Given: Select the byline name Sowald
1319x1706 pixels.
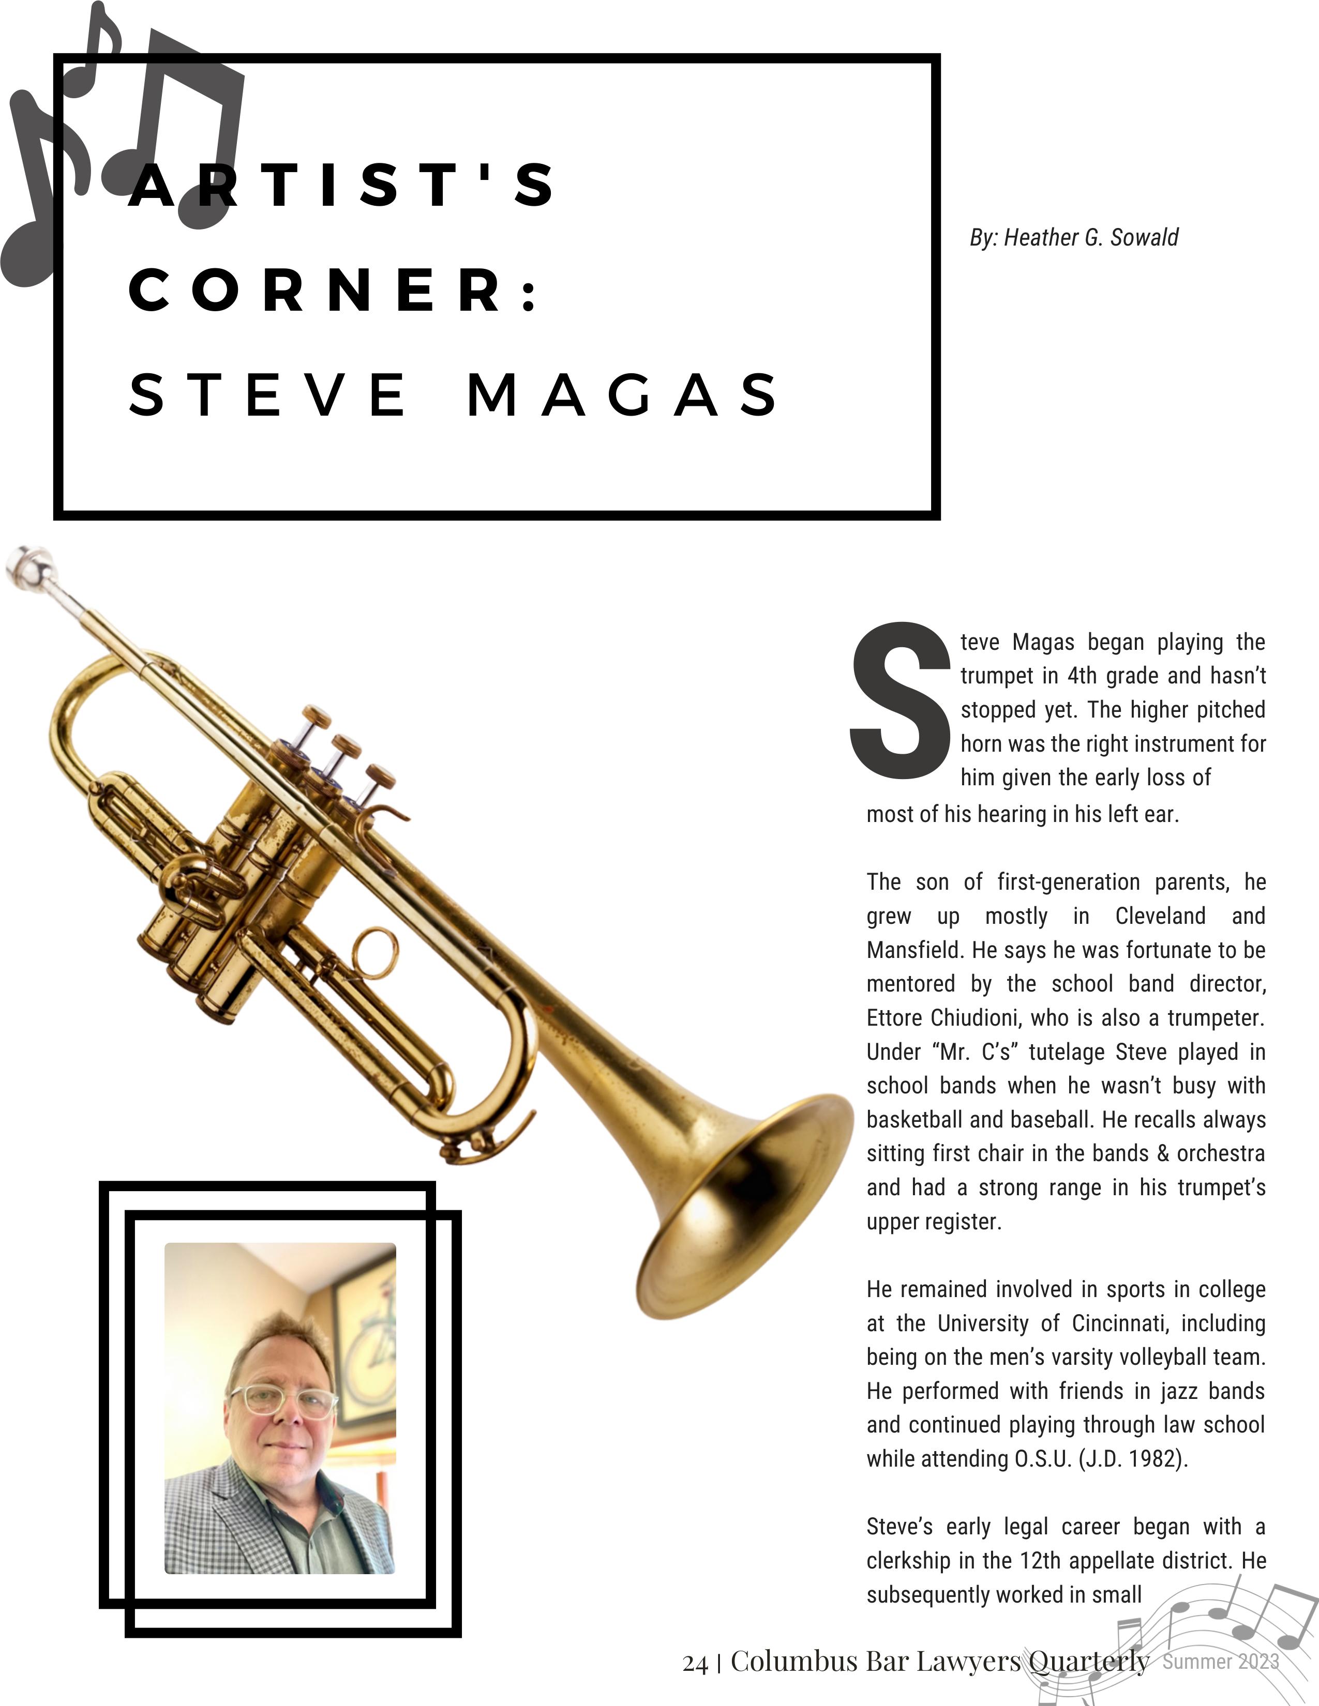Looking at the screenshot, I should pos(1144,237).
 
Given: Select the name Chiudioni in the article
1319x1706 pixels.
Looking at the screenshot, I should pos(977,1018).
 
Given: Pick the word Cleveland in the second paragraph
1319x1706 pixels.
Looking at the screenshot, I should pos(1160,916).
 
